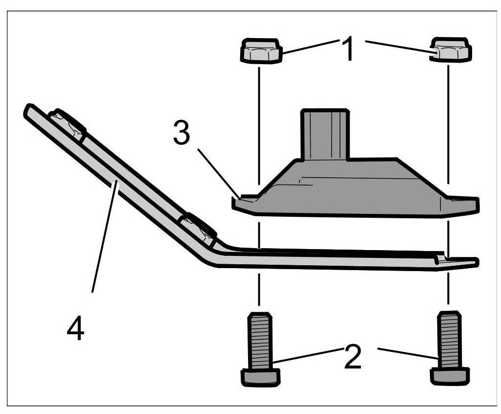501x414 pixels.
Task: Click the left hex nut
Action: (261, 50)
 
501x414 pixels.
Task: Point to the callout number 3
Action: (181, 133)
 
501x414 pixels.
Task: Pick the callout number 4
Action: (75, 328)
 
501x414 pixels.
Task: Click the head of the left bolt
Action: (260, 377)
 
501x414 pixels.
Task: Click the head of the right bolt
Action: (449, 376)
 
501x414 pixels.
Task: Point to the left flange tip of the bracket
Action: (238, 204)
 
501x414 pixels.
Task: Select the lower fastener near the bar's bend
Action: (198, 228)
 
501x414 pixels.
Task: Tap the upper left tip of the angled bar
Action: (29, 110)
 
